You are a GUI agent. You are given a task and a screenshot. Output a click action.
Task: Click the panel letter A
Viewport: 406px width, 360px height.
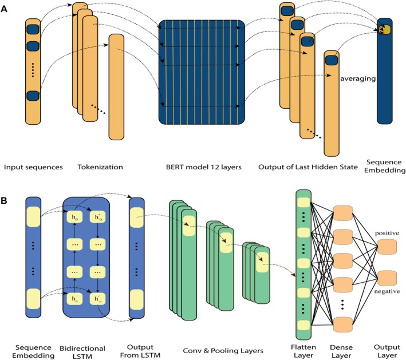[x=4, y=10]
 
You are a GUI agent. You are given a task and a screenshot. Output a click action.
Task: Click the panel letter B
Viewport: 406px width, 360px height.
[x=4, y=200]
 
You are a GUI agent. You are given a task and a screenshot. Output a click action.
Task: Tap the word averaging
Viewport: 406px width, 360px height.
[x=358, y=78]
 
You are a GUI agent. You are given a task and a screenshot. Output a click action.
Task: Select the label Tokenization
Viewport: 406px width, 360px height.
[x=100, y=167]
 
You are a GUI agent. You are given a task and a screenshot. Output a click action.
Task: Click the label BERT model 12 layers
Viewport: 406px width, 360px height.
[x=204, y=167]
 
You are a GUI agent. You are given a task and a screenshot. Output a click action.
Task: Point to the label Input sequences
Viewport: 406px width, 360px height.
[x=33, y=168]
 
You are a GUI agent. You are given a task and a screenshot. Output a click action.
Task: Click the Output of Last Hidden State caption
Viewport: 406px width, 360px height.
[x=308, y=167]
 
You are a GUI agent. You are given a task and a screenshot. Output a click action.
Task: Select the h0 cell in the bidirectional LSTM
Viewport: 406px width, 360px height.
[x=74, y=217]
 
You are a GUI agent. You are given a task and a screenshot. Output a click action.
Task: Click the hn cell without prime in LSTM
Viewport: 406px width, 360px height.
[x=74, y=299]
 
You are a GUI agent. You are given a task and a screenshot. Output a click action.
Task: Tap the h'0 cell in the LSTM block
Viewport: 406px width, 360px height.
[x=97, y=217]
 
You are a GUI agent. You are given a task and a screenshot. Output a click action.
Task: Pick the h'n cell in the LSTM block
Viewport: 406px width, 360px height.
[x=97, y=299]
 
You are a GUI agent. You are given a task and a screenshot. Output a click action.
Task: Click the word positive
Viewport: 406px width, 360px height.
[x=387, y=234]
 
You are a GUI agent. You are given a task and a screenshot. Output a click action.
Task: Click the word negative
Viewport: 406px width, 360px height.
[x=387, y=291]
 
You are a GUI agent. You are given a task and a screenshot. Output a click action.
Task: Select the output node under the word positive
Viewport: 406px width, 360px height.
[x=387, y=247]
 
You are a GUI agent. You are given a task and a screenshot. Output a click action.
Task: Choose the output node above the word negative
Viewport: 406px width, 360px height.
[x=387, y=278]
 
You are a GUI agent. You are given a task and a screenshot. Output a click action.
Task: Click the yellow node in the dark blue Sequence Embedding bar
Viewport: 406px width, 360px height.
[x=384, y=29]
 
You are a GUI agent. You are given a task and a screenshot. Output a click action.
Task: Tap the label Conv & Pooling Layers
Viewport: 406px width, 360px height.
[x=223, y=351]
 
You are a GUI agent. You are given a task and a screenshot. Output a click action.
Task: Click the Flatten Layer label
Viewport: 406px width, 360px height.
[x=303, y=351]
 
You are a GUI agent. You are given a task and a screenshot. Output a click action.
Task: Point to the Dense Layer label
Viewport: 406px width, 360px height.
[x=341, y=351]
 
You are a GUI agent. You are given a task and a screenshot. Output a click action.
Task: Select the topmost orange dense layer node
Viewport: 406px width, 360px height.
[x=343, y=213]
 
